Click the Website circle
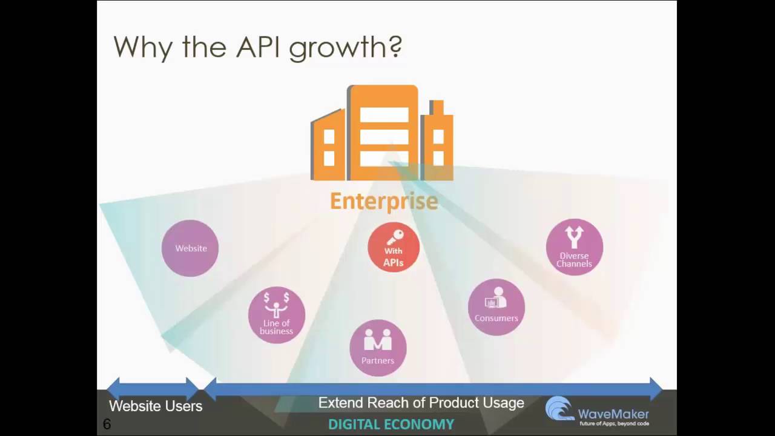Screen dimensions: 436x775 (x=190, y=248)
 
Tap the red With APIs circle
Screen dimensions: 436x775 (x=394, y=247)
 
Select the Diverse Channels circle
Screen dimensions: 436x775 (x=574, y=247)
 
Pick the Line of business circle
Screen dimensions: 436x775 (x=277, y=315)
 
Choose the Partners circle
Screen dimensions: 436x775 (x=378, y=348)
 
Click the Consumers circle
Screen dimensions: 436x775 (x=496, y=307)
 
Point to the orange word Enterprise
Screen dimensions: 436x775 (x=384, y=201)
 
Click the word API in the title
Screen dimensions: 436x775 (x=255, y=47)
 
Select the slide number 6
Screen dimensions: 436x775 (x=107, y=424)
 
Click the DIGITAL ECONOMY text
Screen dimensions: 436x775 (x=391, y=424)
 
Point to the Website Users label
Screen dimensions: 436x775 (x=156, y=406)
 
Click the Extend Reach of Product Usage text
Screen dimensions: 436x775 (x=421, y=403)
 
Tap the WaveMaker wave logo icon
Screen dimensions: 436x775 (x=559, y=409)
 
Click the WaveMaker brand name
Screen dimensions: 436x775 (x=613, y=414)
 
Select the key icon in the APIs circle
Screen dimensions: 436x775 (x=395, y=237)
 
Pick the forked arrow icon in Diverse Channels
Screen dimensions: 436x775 (x=574, y=237)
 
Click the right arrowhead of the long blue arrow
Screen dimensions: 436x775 (x=656, y=388)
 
